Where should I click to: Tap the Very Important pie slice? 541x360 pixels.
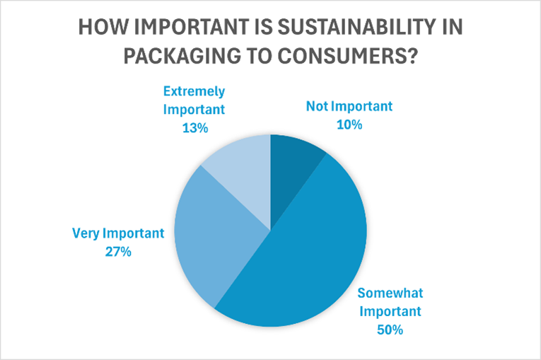(x=212, y=226)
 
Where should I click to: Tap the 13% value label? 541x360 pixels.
(x=194, y=128)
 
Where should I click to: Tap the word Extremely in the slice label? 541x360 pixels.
(x=194, y=91)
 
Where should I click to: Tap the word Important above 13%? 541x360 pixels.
(x=194, y=110)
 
